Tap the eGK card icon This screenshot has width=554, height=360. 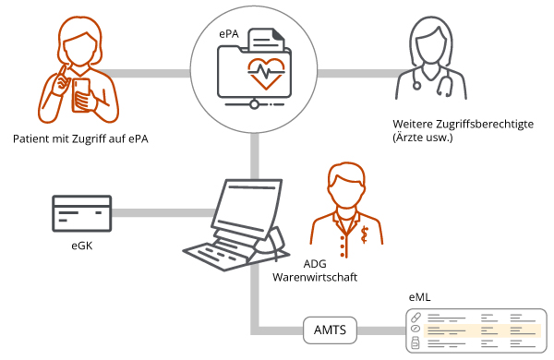(x=82, y=214)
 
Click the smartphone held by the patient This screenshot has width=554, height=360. (x=81, y=90)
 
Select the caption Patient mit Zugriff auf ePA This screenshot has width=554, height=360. (x=81, y=139)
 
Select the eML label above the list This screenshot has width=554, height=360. (x=419, y=298)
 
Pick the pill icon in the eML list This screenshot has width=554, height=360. (x=415, y=318)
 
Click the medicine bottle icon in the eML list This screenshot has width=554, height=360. (x=415, y=344)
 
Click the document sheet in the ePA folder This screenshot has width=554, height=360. (x=265, y=42)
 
